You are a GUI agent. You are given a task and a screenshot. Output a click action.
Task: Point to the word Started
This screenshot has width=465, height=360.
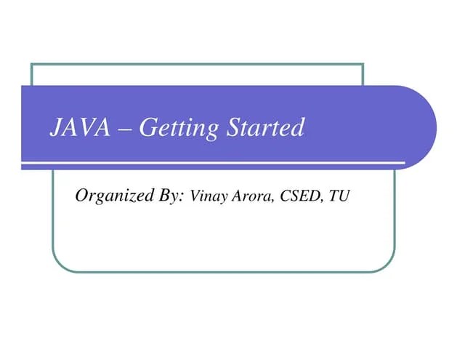tap(264, 128)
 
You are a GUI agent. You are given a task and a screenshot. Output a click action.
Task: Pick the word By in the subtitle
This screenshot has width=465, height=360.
tap(170, 195)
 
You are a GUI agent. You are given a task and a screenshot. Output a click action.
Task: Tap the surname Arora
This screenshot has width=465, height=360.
tap(251, 196)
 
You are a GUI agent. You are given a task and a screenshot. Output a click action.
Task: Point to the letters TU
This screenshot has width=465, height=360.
tap(339, 196)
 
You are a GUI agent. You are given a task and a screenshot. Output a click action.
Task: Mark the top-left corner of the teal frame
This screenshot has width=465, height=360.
tap(31, 64)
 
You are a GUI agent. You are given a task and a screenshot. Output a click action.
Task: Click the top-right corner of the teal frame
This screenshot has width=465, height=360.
tap(363, 64)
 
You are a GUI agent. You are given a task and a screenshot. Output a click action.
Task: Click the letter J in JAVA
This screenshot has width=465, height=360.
tap(55, 128)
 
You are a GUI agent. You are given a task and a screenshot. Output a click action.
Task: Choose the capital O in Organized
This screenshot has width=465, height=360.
tap(82, 194)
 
